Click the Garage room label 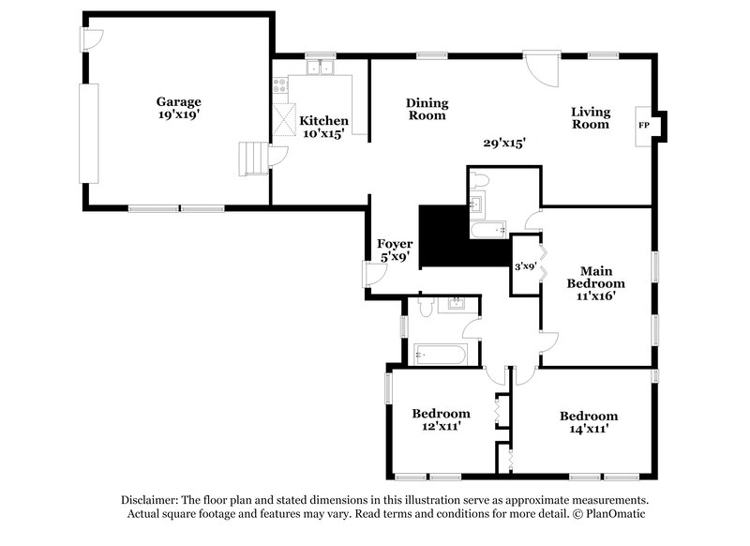[x=178, y=101]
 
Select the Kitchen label [x=323, y=121]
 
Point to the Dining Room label [x=427, y=109]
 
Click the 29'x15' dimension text [x=503, y=144]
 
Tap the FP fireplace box [x=644, y=124]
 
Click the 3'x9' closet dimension [x=525, y=266]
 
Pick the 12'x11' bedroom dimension [x=441, y=426]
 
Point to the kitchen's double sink [x=321, y=67]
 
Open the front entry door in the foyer [x=373, y=275]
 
